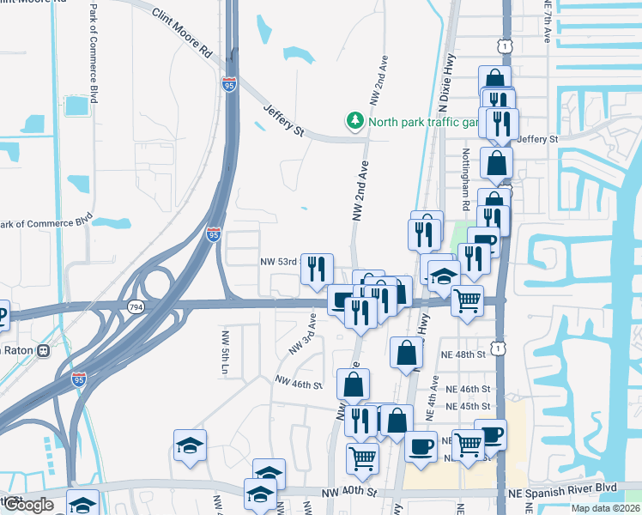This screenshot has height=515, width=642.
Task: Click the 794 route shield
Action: (135, 306)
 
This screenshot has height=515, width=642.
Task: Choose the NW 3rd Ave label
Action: (303, 334)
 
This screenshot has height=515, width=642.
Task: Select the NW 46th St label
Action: (297, 383)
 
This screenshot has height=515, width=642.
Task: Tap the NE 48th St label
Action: (464, 354)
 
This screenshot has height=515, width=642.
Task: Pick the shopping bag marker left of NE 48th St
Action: (406, 351)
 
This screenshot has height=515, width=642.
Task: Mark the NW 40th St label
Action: (349, 492)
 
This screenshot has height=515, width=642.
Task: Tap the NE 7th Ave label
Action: (547, 21)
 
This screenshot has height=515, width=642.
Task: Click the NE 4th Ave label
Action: (435, 396)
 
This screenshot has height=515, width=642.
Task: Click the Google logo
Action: (28, 505)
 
